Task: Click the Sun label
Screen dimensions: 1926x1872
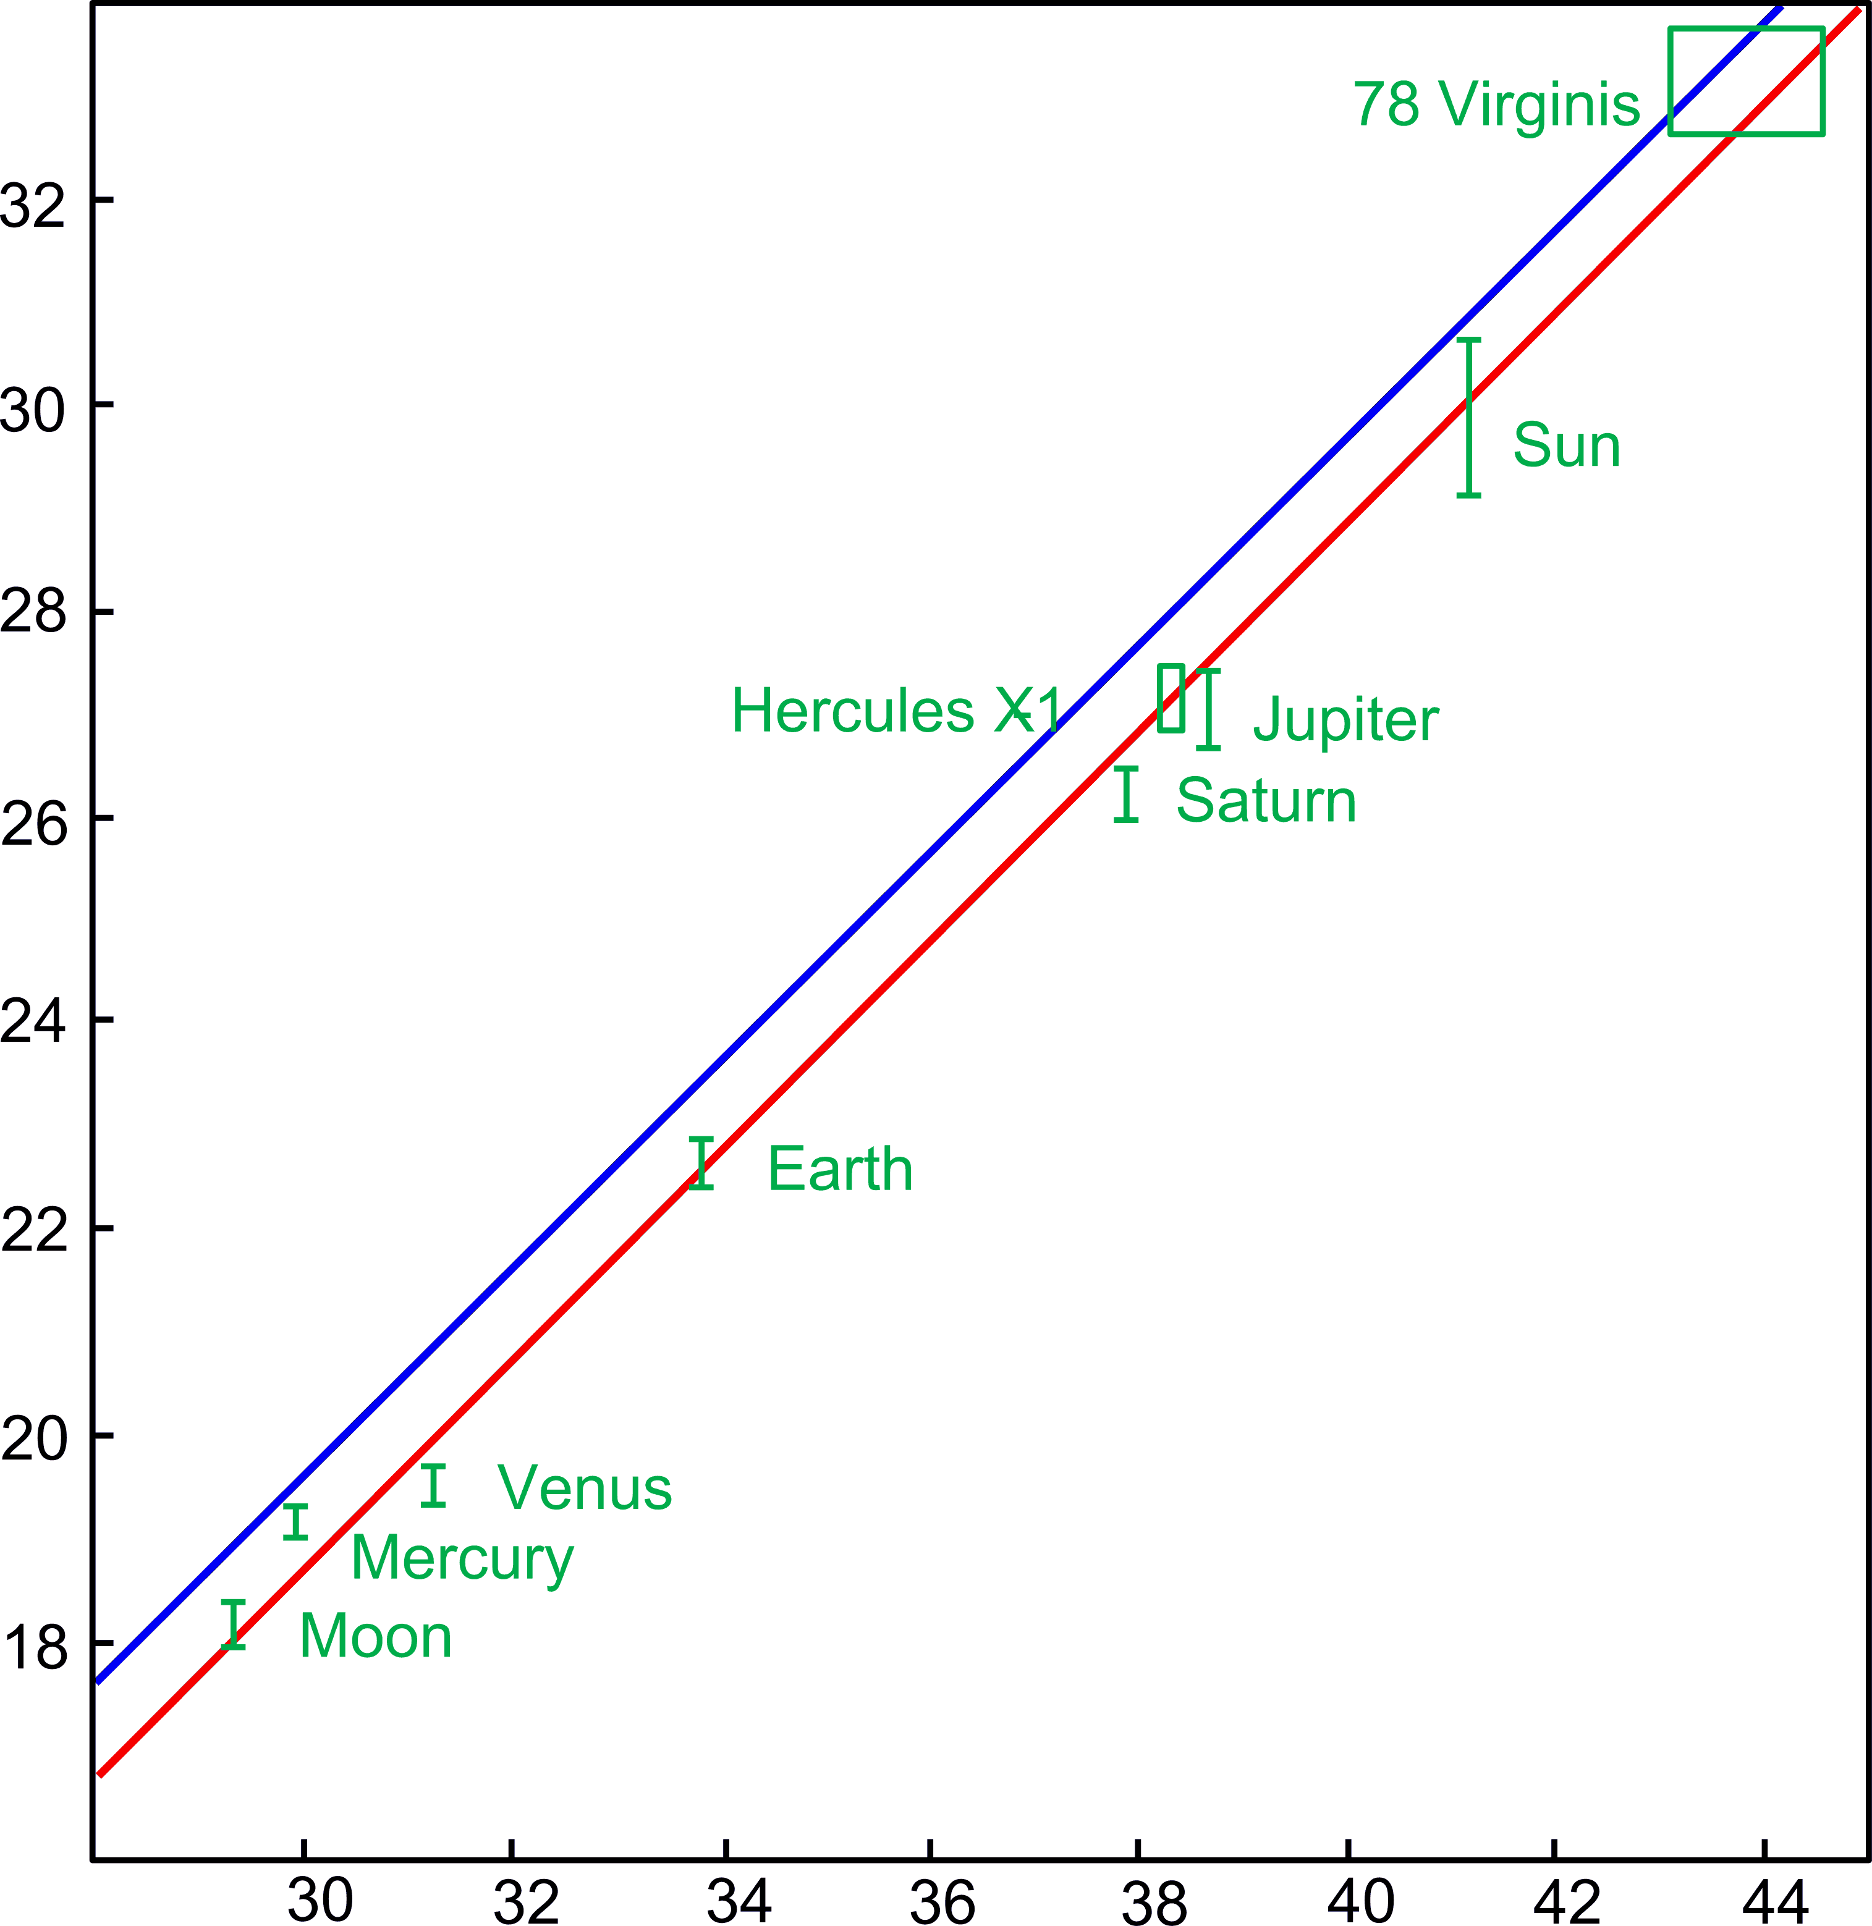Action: pyautogui.click(x=1566, y=446)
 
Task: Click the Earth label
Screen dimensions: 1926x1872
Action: pyautogui.click(x=840, y=1169)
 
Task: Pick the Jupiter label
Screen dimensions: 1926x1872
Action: pyautogui.click(x=1345, y=720)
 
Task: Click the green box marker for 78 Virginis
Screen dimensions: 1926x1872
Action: pyautogui.click(x=1746, y=80)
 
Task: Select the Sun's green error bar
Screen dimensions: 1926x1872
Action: pyautogui.click(x=1469, y=418)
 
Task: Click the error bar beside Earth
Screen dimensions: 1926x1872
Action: pyautogui.click(x=701, y=1163)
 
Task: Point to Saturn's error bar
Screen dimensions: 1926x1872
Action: pyautogui.click(x=1127, y=795)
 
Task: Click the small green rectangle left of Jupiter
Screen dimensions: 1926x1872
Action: pyautogui.click(x=1171, y=698)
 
